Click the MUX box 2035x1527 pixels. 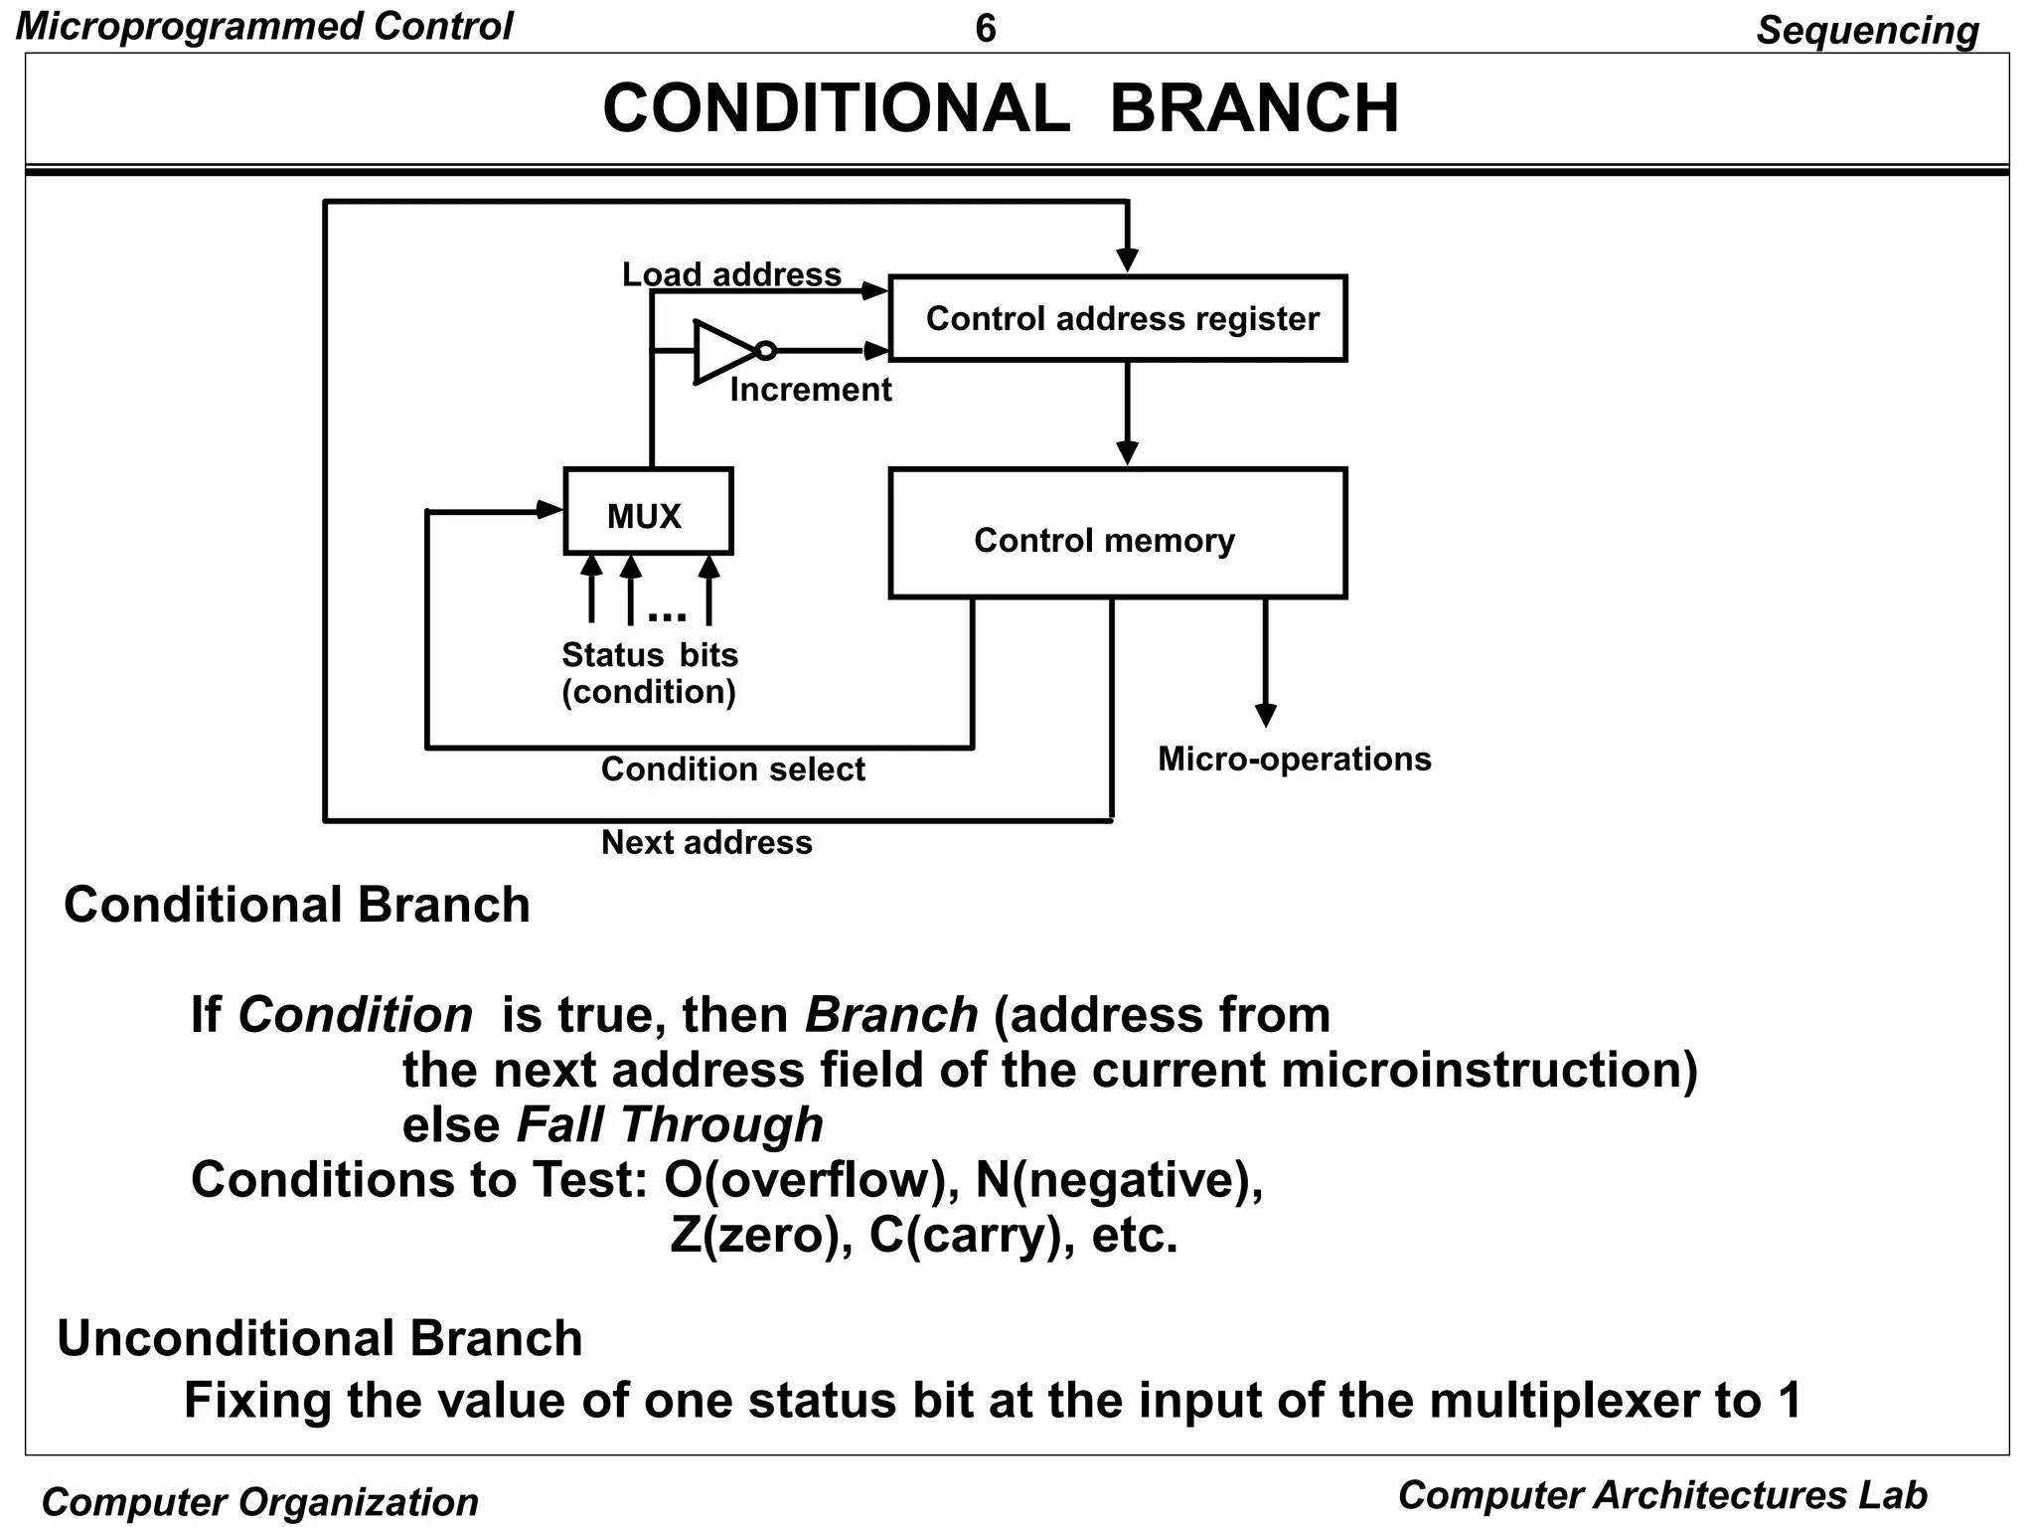(648, 512)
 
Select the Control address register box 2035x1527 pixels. (1118, 318)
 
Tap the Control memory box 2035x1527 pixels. (1118, 534)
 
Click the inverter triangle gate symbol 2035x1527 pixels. (725, 351)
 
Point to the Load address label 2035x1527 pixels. (731, 274)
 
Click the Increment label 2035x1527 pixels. (810, 390)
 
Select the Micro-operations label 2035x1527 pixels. (1294, 760)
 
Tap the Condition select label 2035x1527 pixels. (732, 769)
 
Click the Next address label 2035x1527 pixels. (706, 843)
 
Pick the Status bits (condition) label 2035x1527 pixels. (650, 673)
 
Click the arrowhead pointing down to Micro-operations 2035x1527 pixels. (1265, 716)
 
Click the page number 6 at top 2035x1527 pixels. (985, 29)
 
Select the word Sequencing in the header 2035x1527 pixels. (1866, 31)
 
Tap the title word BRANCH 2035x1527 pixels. (1254, 108)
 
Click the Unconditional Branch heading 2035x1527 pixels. (320, 1338)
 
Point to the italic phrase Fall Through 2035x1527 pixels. (670, 1125)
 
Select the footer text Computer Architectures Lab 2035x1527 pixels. (1661, 1495)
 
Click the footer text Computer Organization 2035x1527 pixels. (260, 1502)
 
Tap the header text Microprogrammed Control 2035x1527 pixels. (264, 27)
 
